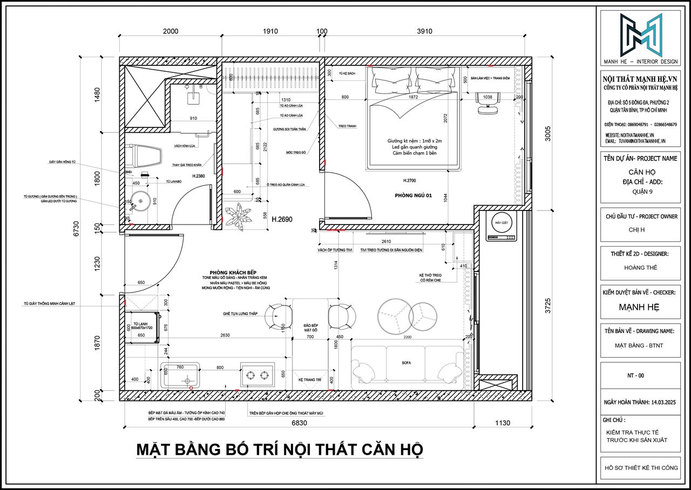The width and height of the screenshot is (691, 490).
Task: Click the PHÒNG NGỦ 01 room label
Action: [x=413, y=195]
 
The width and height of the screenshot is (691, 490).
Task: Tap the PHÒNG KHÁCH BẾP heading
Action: [x=230, y=272]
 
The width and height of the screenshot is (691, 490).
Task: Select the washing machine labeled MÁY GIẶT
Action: [x=500, y=227]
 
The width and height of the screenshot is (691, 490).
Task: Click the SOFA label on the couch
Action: [x=406, y=363]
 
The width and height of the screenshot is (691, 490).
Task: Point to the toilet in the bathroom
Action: [x=146, y=156]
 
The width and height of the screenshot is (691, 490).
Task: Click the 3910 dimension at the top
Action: [x=424, y=31]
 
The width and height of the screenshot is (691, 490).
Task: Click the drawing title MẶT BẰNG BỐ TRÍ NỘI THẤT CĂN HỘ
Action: [x=279, y=449]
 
